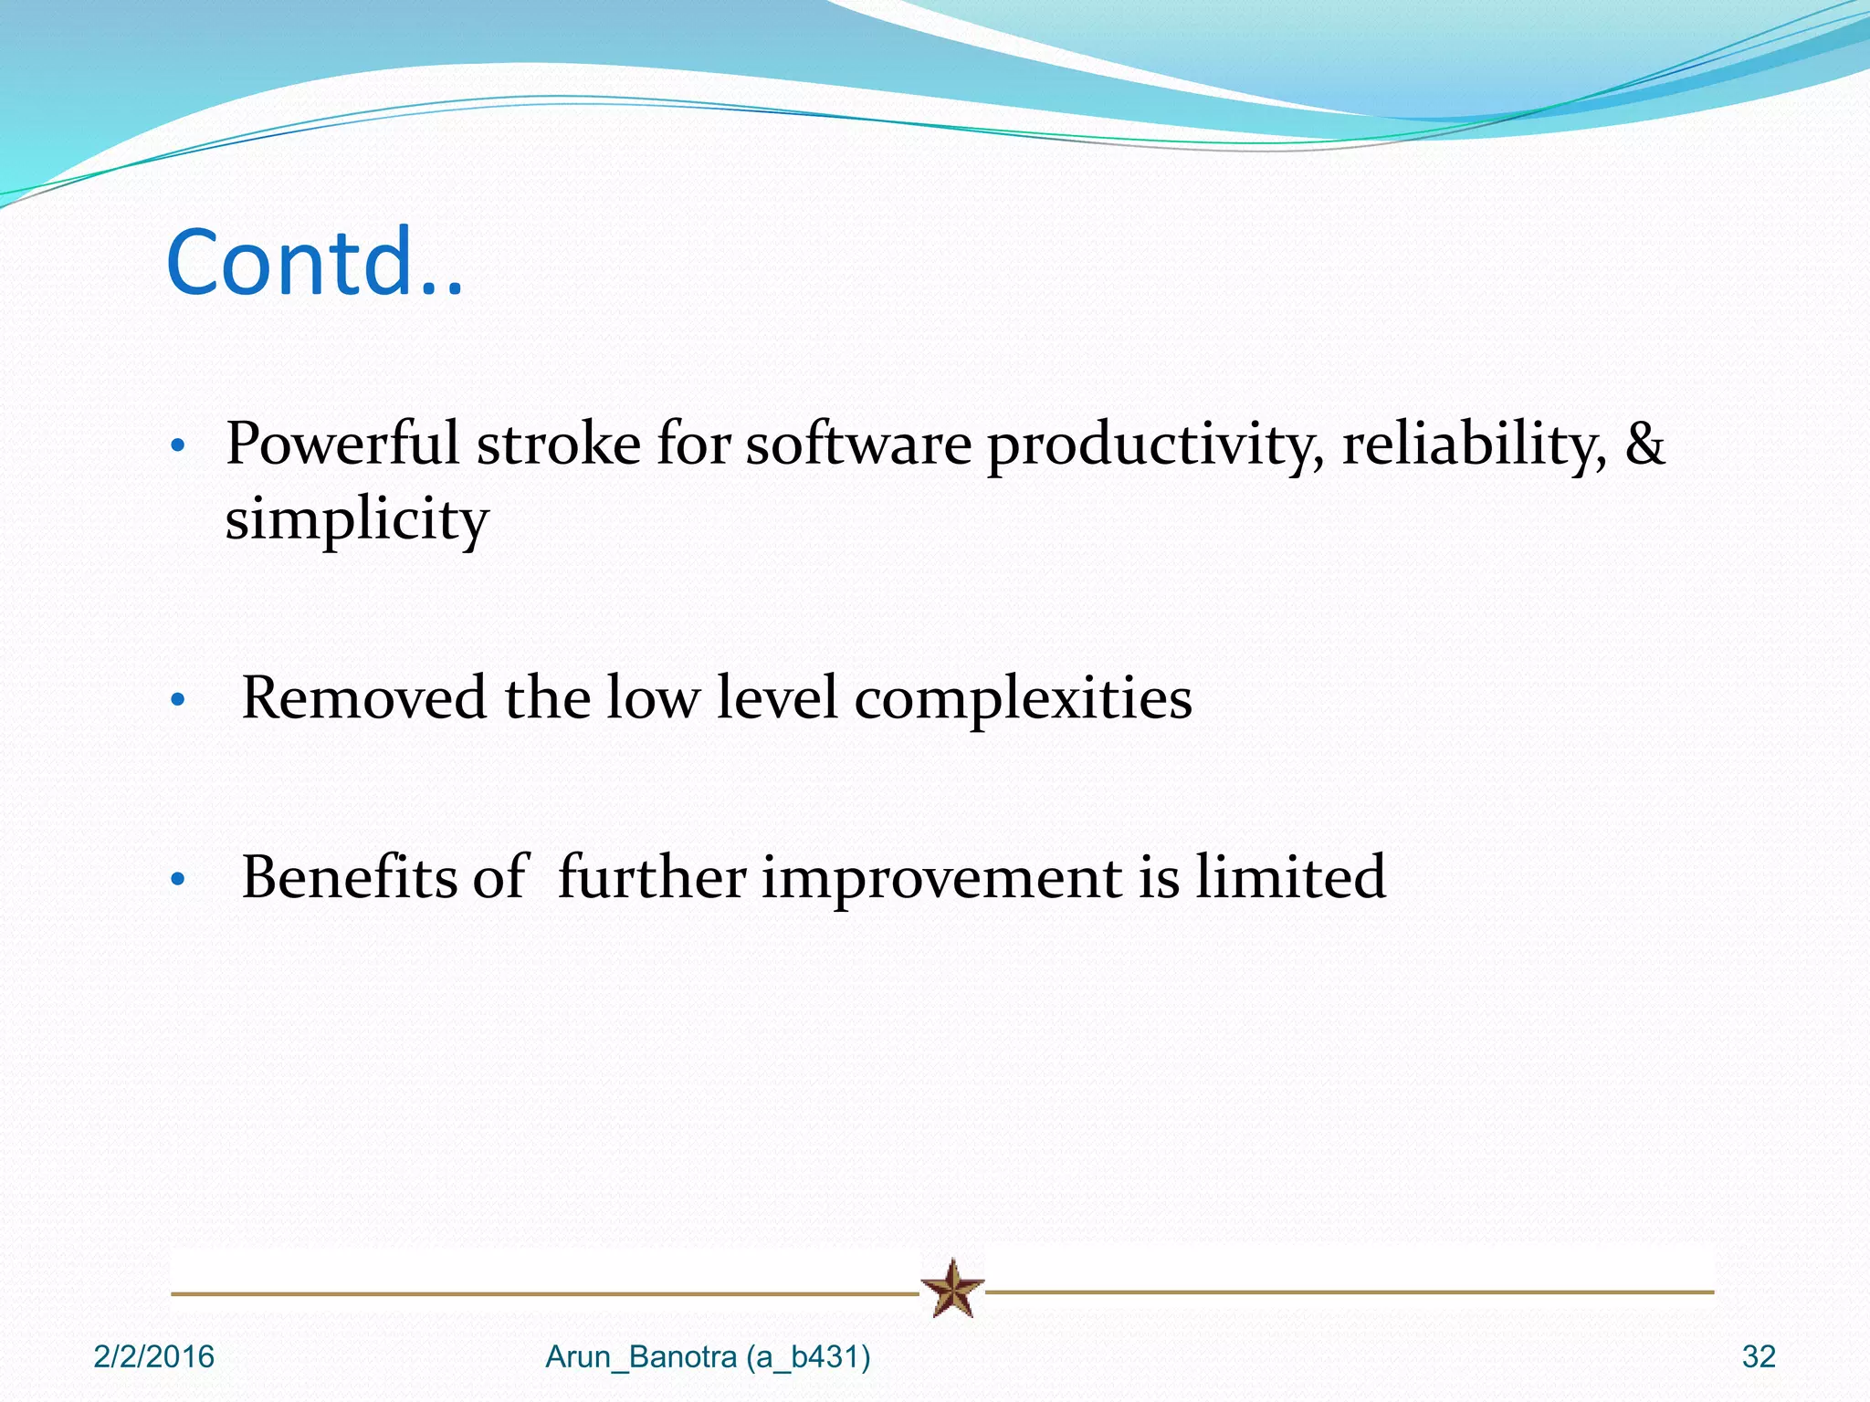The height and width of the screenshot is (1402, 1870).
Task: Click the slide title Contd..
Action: [x=314, y=263]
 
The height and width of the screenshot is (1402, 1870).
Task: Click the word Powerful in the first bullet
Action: [x=341, y=445]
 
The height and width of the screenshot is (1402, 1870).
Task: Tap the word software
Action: [x=858, y=445]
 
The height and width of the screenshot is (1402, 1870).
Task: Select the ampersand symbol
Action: [x=1644, y=445]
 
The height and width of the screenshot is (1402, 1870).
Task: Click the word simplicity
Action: [x=357, y=520]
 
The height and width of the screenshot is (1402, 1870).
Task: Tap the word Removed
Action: [x=363, y=698]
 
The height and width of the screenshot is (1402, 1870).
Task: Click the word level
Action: [x=776, y=698]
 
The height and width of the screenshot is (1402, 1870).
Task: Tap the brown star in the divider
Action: [x=952, y=1288]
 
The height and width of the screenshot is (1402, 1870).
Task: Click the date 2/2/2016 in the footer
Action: [x=153, y=1356]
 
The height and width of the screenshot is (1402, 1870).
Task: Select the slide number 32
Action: [x=1758, y=1356]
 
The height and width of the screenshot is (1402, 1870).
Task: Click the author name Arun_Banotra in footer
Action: [x=641, y=1357]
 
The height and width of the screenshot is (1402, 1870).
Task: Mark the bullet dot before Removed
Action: [x=178, y=701]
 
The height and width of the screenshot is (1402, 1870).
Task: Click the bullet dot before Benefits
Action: [x=178, y=880]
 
